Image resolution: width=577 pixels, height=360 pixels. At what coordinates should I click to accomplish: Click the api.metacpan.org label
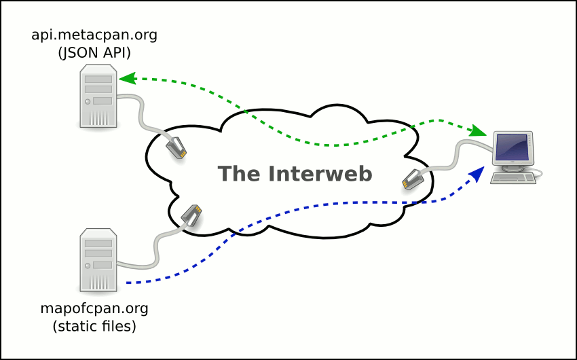94,35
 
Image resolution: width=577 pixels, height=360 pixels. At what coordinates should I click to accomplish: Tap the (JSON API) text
94,52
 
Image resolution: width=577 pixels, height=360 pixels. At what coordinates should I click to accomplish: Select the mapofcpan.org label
94,308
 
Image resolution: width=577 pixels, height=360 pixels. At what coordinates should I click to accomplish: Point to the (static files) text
94,326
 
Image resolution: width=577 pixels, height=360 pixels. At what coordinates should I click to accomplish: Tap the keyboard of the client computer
513,177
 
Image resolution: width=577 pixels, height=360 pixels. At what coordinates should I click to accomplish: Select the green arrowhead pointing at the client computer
480,130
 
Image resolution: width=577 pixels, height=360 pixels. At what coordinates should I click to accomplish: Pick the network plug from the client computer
413,180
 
